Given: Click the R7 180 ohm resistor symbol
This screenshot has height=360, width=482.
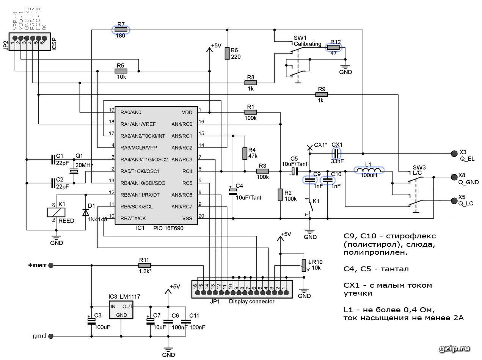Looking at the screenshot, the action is [121, 30].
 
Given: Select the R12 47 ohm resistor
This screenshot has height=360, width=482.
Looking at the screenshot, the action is [333, 47].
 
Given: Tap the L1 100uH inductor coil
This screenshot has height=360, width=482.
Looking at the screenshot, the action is [369, 170].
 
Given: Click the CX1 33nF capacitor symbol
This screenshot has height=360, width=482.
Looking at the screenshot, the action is [336, 153].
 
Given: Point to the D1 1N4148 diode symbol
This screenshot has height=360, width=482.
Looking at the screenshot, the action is [86, 212].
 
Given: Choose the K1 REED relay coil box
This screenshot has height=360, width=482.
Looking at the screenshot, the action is [56, 212].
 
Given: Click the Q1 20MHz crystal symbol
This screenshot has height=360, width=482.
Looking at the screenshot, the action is [74, 171].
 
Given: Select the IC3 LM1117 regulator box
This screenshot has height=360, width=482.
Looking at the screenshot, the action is [121, 310].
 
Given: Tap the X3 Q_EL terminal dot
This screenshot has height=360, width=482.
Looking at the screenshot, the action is [454, 153].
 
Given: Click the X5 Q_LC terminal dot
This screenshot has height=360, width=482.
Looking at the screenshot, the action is [454, 201].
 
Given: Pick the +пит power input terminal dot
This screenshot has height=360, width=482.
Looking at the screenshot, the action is [51, 265].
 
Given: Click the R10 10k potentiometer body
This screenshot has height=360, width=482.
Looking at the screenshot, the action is [304, 265].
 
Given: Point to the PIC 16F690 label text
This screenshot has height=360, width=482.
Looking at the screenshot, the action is [168, 229].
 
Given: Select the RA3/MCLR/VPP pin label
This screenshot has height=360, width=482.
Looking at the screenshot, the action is [138, 148].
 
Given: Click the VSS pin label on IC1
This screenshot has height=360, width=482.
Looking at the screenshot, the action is [187, 219].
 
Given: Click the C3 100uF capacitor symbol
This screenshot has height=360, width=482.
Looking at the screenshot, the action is [91, 321].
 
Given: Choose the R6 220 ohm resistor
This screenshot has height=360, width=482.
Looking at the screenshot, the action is [227, 53].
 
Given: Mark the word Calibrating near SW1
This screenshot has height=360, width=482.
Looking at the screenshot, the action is [308, 44].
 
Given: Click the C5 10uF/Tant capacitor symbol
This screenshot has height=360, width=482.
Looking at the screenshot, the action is [295, 171].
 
